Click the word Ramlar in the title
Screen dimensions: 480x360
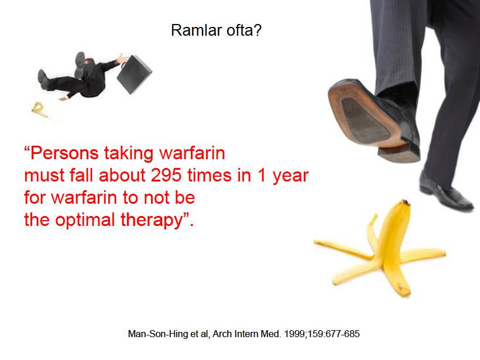click(x=197, y=30)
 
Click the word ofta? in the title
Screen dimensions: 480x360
click(x=244, y=30)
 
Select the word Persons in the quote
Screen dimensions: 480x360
click(x=64, y=153)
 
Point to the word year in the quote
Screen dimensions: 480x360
click(x=290, y=176)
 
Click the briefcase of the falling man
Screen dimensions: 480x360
click(x=134, y=74)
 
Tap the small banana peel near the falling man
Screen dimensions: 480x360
click(x=39, y=109)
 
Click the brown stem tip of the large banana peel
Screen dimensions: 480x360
click(x=406, y=203)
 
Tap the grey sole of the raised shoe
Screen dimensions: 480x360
click(x=364, y=119)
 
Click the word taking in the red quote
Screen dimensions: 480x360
click(x=129, y=153)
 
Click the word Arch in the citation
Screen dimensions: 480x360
click(x=222, y=334)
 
